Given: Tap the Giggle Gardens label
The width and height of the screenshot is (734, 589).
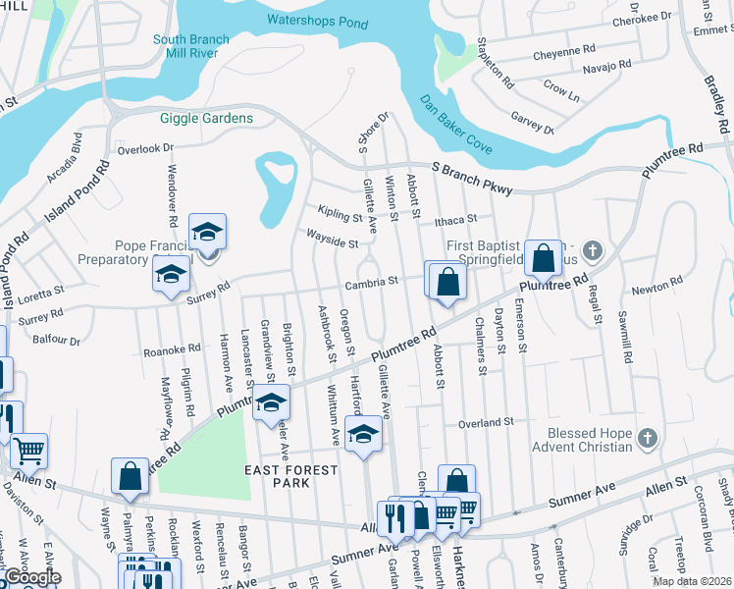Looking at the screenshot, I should pyautogui.click(x=207, y=119).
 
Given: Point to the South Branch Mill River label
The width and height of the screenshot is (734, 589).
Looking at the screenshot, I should pyautogui.click(x=191, y=47).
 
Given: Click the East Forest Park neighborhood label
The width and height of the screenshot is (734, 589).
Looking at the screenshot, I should pyautogui.click(x=290, y=476).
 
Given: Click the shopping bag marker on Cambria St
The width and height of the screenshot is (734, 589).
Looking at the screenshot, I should pyautogui.click(x=446, y=282).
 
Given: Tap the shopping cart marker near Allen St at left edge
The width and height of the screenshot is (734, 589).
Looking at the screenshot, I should pyautogui.click(x=28, y=452).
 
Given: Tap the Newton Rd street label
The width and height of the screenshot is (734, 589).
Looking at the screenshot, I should pyautogui.click(x=656, y=286).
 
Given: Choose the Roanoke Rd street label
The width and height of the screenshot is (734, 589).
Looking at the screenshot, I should pyautogui.click(x=172, y=348).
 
